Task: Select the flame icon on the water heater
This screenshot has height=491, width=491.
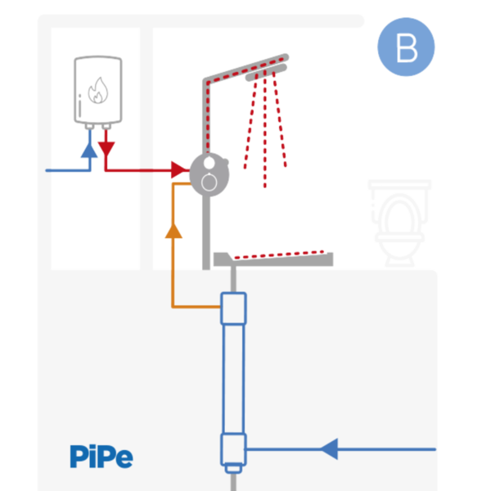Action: point(97,90)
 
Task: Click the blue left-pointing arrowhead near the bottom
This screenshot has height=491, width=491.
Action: point(329,448)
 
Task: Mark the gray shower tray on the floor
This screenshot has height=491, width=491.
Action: point(274,259)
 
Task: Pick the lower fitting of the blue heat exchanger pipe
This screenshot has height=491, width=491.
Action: point(234,449)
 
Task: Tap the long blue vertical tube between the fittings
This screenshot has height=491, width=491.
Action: point(234,376)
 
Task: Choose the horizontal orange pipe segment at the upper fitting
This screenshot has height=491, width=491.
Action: point(196,307)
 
